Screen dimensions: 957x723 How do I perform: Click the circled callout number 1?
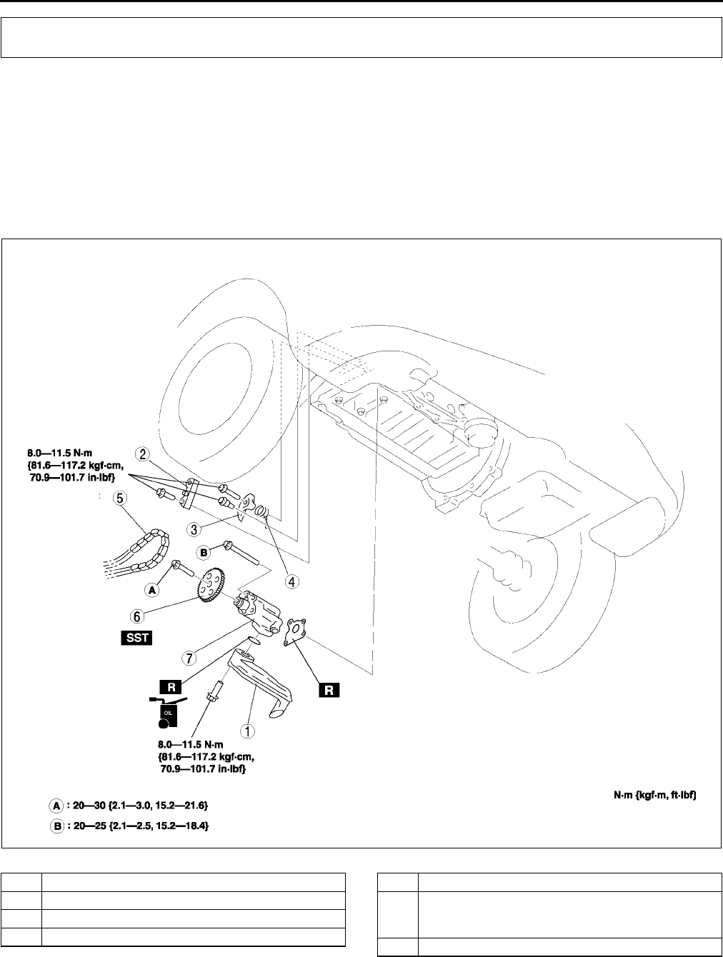[x=248, y=731]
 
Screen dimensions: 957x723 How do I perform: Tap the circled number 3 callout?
[x=193, y=529]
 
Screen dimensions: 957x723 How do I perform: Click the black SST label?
[x=136, y=637]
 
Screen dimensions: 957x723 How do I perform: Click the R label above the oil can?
[x=171, y=686]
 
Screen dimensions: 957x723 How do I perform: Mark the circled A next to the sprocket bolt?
[x=152, y=590]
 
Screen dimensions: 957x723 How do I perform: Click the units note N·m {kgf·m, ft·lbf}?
[x=654, y=794]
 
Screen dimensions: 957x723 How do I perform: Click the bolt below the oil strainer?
[x=215, y=692]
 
